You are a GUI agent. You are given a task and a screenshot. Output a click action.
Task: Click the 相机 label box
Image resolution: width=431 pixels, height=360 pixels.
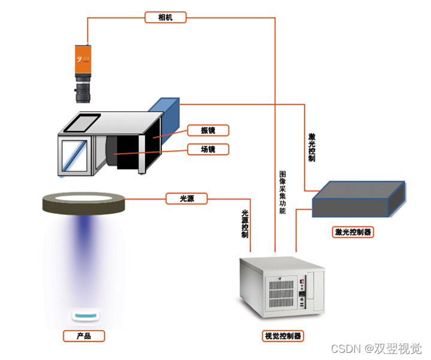[165, 17]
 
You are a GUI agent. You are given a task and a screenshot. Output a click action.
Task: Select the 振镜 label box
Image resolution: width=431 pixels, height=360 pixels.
[208, 130]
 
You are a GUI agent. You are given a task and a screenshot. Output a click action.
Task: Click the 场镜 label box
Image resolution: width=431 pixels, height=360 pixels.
[208, 149]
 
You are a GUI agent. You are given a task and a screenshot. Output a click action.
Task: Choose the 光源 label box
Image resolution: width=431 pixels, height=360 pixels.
[186, 198]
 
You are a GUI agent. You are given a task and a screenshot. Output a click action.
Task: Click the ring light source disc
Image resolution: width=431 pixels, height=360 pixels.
[83, 202]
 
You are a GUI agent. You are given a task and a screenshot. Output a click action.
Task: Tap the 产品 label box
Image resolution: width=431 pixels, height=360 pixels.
[84, 336]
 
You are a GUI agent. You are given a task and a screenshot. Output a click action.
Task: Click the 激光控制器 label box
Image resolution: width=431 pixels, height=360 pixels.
[352, 232]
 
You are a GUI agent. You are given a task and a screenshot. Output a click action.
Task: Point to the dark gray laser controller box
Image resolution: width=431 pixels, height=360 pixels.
[358, 199]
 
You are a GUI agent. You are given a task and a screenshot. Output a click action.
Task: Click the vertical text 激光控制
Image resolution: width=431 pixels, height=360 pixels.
[312, 147]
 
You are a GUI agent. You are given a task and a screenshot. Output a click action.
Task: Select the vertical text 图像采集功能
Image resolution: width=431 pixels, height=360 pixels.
[283, 192]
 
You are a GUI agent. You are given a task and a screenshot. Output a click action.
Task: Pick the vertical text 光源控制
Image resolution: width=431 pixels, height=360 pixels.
[245, 224]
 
